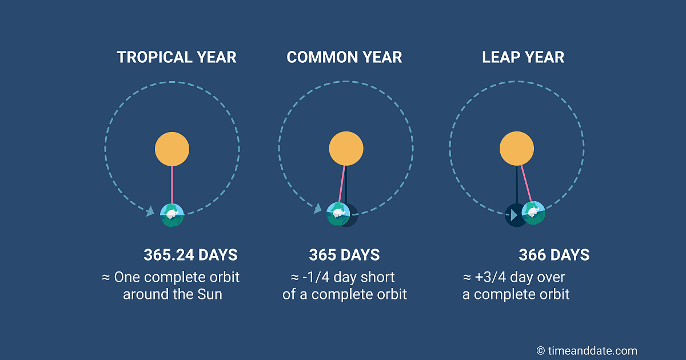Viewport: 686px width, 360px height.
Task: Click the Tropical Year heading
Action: [177, 57]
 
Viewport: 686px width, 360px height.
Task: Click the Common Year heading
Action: [344, 57]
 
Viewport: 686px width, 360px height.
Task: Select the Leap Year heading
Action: [523, 57]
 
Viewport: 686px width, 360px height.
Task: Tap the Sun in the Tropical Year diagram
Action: [172, 149]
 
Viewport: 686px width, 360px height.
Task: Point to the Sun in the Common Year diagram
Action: [346, 149]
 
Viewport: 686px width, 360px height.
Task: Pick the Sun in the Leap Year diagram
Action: [517, 149]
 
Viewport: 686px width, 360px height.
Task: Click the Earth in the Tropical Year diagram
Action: [172, 215]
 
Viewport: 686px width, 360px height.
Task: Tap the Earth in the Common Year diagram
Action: [338, 214]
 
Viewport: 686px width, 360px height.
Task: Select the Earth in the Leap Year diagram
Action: [533, 213]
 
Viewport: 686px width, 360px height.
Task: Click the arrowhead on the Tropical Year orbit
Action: [150, 211]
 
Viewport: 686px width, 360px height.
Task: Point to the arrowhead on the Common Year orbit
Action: [318, 209]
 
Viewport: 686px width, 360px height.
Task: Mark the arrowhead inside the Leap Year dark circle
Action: [514, 215]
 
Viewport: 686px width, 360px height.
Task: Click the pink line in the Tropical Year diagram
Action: [172, 185]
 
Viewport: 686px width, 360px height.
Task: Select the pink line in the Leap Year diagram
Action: [527, 183]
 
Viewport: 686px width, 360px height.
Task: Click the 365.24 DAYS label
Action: [190, 255]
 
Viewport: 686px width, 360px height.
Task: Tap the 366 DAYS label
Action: [554, 255]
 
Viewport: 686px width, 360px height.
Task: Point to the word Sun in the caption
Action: [209, 294]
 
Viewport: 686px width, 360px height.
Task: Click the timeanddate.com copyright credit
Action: [587, 351]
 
